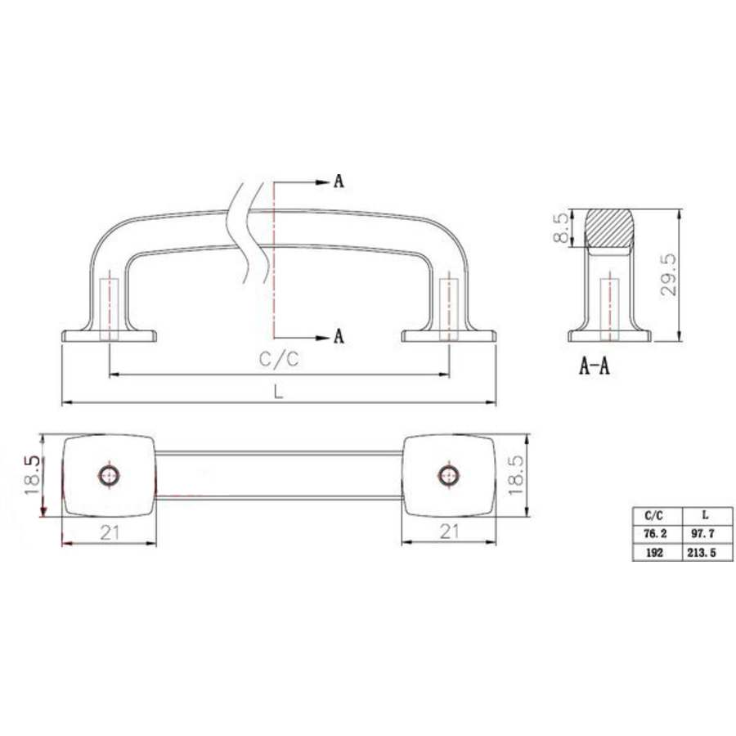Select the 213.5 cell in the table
705,552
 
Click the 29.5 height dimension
670,275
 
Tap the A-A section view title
594,366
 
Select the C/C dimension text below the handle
279,361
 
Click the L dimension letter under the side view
279,392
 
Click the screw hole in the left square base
109,474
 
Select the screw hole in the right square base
447,474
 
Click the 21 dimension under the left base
110,532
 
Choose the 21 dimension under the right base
449,532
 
